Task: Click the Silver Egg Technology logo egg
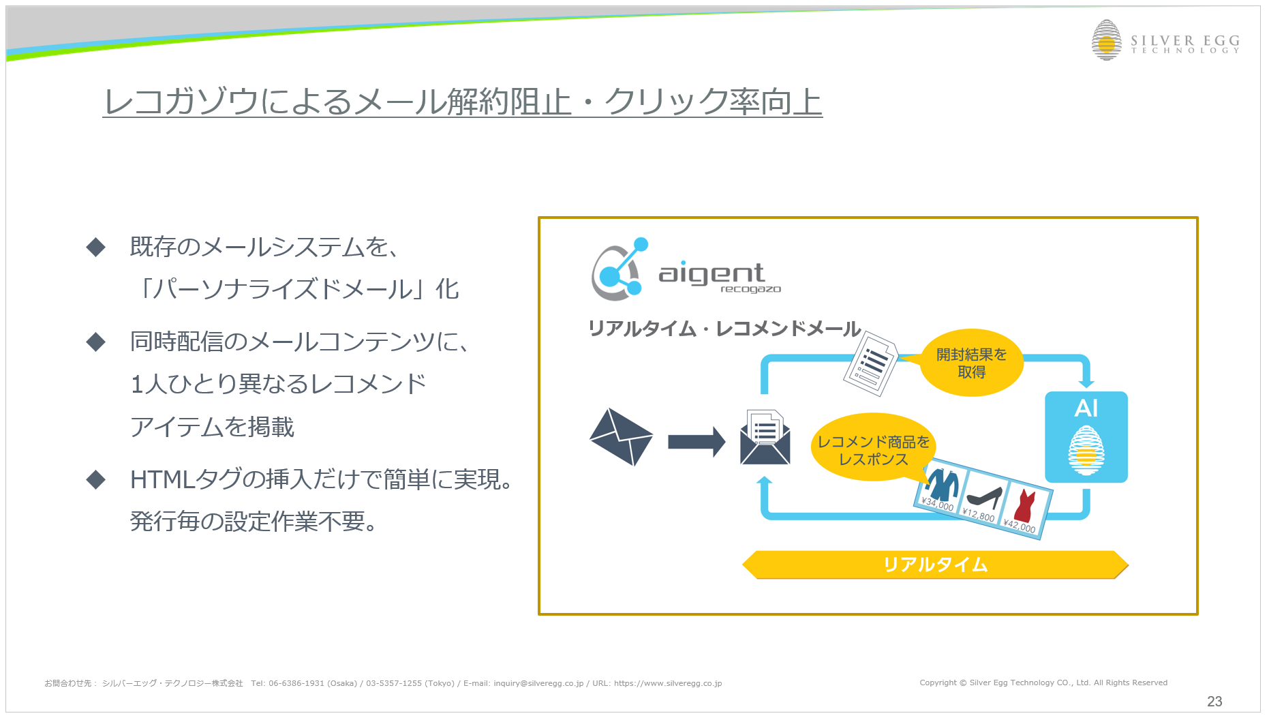1106,40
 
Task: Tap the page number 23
1214,701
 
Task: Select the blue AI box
1086,437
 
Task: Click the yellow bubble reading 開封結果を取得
971,363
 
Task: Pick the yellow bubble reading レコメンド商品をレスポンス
873,448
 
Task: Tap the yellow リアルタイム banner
935,565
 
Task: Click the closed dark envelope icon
621,437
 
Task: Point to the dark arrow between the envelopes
697,442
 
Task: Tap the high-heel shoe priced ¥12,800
985,498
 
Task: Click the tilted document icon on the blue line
870,363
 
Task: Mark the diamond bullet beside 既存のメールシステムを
96,247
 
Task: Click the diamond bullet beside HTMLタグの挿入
96,480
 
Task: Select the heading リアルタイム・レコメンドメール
724,329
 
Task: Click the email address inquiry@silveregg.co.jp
538,683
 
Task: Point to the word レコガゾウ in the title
181,102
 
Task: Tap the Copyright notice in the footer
1043,682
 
